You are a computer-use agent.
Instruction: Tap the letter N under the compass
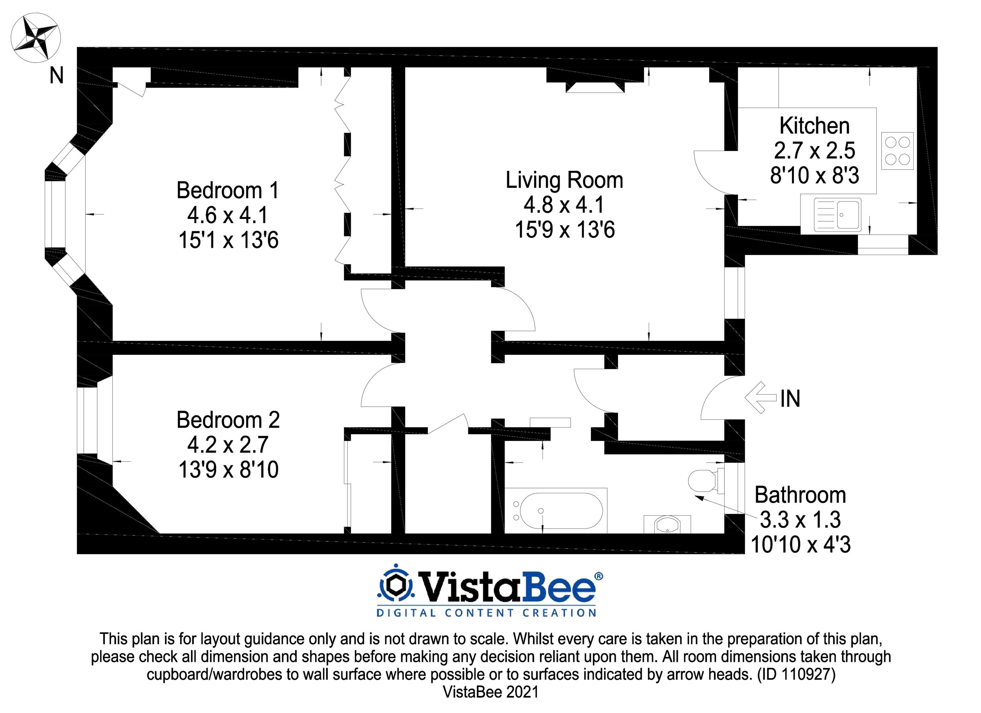pos(57,76)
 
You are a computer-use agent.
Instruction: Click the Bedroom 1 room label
pos(228,191)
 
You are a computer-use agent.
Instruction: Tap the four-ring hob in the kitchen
pos(897,151)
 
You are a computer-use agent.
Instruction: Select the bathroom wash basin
pos(667,524)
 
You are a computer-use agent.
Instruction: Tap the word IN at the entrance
pos(790,399)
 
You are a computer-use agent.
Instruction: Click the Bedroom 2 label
pos(228,420)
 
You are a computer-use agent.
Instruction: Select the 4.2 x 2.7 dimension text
pos(228,445)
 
